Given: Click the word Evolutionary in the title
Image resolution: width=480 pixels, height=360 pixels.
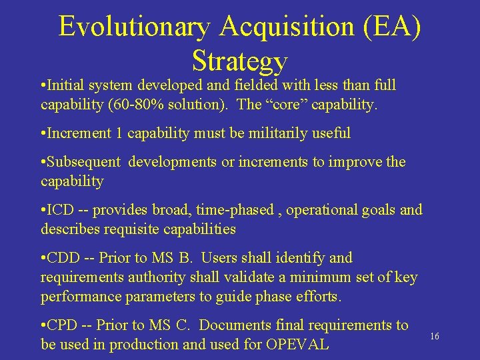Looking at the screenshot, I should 133,27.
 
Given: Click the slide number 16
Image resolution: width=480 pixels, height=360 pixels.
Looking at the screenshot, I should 435,337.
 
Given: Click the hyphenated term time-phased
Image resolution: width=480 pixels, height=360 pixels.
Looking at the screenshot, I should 232,210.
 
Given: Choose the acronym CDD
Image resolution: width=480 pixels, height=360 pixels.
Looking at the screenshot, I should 65,257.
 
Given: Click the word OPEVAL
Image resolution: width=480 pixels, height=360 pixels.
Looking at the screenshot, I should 297,345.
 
